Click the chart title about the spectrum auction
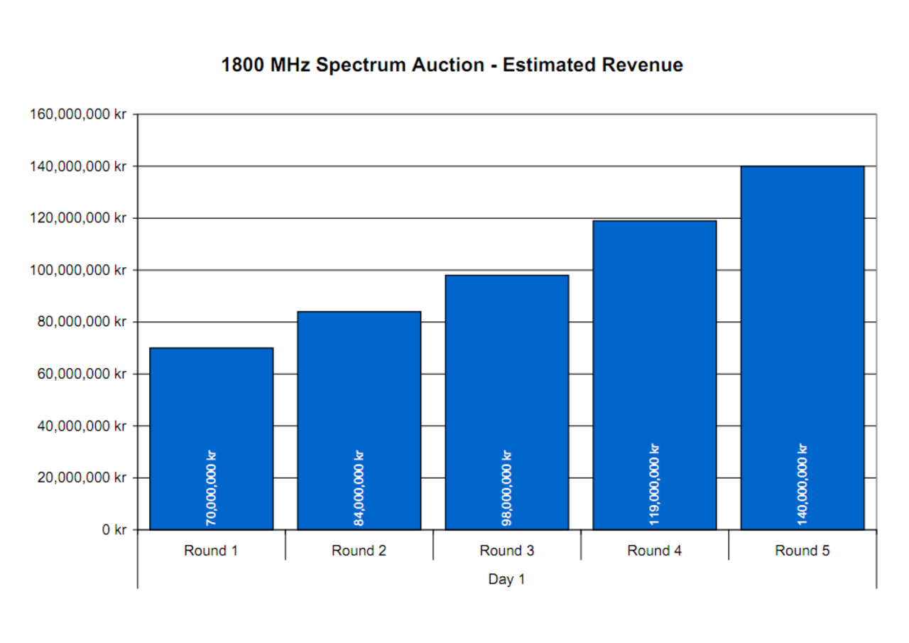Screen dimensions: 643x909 [x=452, y=65]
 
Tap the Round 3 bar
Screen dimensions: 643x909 [x=506, y=369]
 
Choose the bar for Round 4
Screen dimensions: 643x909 [x=654, y=341]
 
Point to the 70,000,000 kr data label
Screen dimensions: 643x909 [x=211, y=488]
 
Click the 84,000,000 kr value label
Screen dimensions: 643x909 [x=359, y=488]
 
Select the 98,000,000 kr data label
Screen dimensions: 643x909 [x=506, y=488]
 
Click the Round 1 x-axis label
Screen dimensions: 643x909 [x=211, y=551]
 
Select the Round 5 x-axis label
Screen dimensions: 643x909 [x=802, y=551]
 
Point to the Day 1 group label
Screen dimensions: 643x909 [x=506, y=579]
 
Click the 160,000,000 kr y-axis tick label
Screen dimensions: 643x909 [x=78, y=114]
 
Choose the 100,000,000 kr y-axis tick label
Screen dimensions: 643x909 [x=78, y=270]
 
